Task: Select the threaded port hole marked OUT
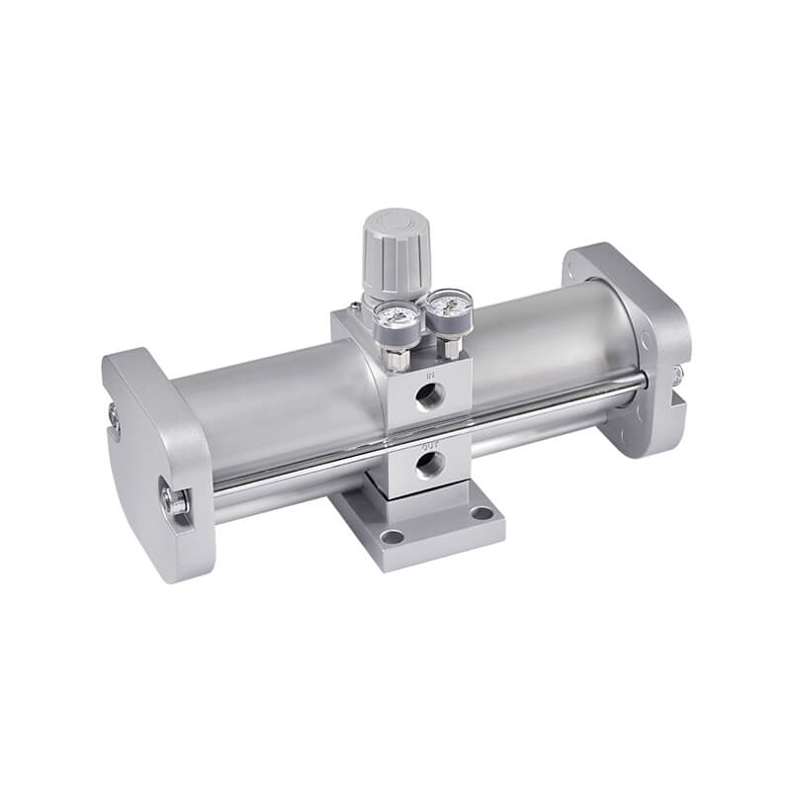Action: [x=428, y=467]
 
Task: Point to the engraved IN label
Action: [x=430, y=377]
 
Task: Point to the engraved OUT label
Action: [x=429, y=446]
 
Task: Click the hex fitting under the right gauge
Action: [x=450, y=348]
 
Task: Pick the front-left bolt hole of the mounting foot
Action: [x=393, y=537]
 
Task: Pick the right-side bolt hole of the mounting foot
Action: [x=481, y=514]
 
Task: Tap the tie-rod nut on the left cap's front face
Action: [x=176, y=501]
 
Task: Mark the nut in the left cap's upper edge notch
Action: [x=115, y=424]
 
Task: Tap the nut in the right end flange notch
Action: [x=678, y=376]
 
